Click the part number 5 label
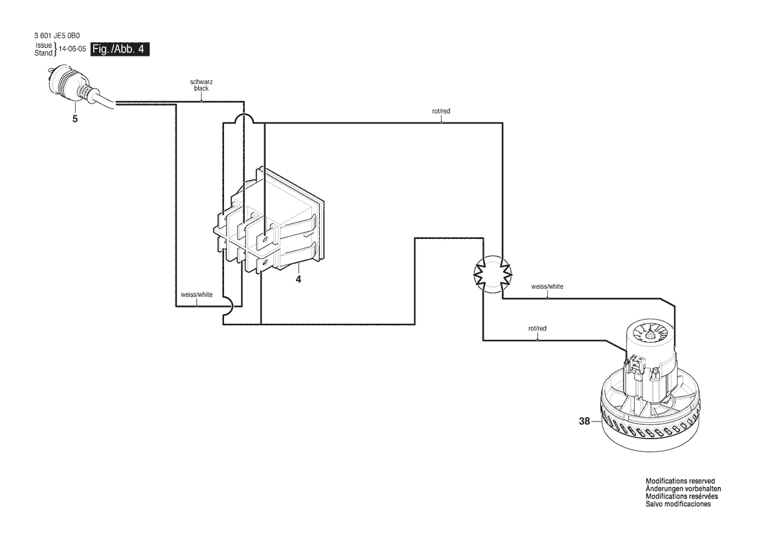75,119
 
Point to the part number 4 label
299,279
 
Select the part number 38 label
584,422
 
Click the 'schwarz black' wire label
201,85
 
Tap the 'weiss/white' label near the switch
196,295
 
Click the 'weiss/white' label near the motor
547,286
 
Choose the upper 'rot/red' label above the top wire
441,111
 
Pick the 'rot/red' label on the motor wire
537,328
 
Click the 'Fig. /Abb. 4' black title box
120,49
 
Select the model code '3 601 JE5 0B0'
57,36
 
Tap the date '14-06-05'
73,49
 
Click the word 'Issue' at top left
43,45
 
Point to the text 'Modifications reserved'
680,481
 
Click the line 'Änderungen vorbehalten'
683,488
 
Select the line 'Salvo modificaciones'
678,504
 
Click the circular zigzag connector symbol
493,274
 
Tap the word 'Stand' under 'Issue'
43,53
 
